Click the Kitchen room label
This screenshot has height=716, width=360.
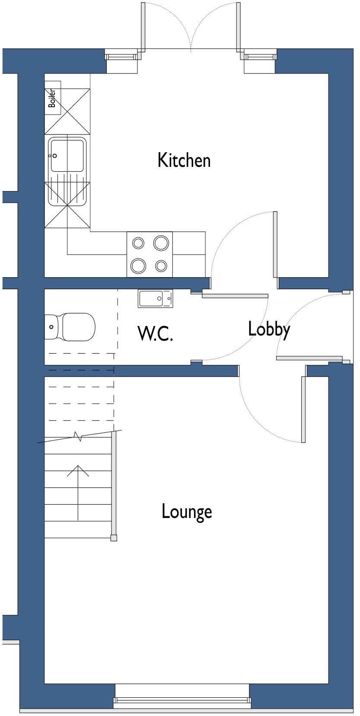[x=184, y=160]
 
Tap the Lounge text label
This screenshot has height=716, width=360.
[x=187, y=511]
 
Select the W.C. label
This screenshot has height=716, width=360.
[x=155, y=333]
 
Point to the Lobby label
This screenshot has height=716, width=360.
[x=269, y=329]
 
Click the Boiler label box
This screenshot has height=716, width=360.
[x=52, y=98]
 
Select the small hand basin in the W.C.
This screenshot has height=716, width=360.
[x=155, y=298]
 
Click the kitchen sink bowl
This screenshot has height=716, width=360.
[x=67, y=155]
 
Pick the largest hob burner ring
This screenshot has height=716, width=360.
[x=161, y=243]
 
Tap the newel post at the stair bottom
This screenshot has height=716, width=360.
[x=114, y=538]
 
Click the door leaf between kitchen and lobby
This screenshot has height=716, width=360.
[x=275, y=244]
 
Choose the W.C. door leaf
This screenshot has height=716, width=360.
[x=235, y=296]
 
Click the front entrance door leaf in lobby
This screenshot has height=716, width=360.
[x=309, y=358]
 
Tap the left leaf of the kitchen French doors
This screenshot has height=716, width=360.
[x=143, y=26]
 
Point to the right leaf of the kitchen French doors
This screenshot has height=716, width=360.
[x=238, y=26]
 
